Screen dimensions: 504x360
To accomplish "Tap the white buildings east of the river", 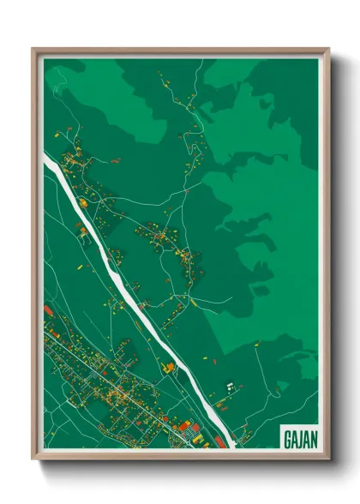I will [x=230, y=387].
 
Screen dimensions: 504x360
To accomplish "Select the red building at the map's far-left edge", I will [x=48, y=310].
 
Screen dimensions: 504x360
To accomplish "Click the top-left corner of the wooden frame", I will [x=33, y=48].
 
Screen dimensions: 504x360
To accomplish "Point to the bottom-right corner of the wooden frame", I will [x=328, y=459].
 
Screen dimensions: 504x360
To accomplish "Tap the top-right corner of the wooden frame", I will [x=328, y=48].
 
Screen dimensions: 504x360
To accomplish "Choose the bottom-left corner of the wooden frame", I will [x=33, y=459].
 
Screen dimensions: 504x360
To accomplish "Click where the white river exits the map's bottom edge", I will [x=230, y=447].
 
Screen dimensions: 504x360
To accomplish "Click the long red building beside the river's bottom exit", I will [x=221, y=443].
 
